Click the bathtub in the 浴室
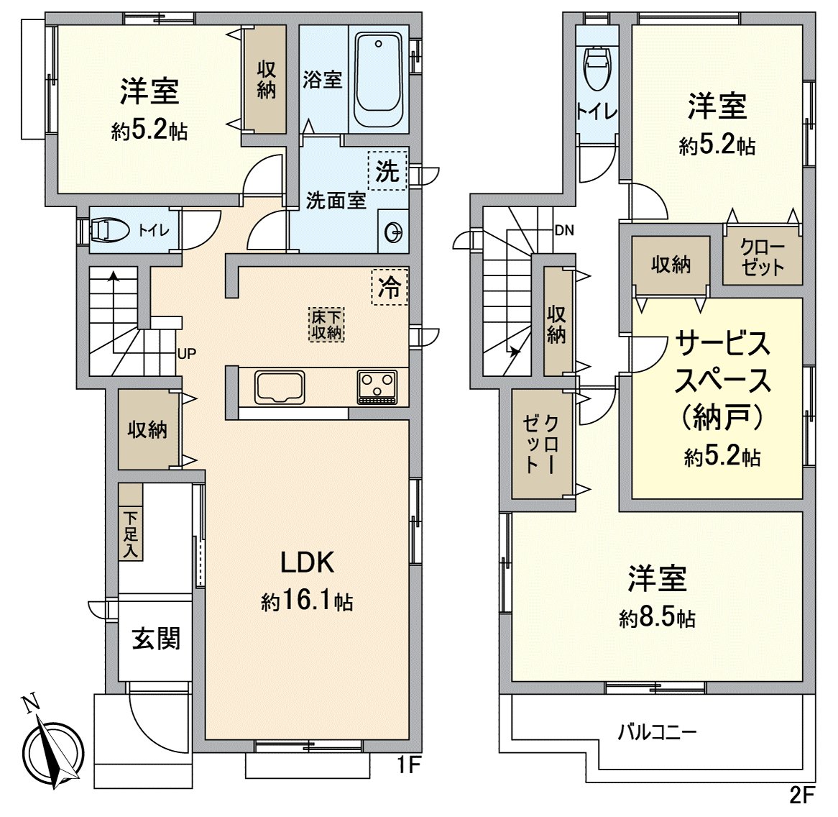379,79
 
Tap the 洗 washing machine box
387,170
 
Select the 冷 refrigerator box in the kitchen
390,287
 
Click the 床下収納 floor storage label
327,324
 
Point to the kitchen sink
280,387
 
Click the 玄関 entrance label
155,638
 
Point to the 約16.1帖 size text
307,601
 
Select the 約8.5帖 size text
657,618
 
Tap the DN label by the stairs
563,231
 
